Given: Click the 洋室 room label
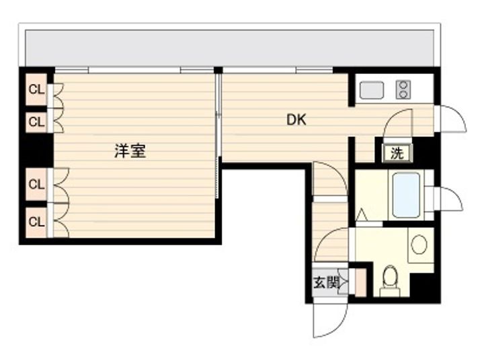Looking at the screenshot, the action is pos(130,151).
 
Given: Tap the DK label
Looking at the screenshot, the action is pos(296,120).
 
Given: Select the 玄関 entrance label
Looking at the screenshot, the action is pos(326,283).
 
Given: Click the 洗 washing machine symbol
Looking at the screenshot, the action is pos(397,153).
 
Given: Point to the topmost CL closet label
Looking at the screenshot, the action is pos(36,90).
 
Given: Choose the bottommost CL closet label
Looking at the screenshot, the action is pos(36,222).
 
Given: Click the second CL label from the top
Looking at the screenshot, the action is pos(36,122).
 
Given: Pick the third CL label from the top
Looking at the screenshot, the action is pos(36,185).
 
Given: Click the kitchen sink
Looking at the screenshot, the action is pos(372,90).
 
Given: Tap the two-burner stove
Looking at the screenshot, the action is pos(403,89).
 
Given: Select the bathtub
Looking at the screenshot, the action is pos(406,195).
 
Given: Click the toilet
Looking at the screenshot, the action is pos(390,281).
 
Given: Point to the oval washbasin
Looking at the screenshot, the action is pos(419,244).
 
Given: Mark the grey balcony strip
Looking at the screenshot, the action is pos(229,48).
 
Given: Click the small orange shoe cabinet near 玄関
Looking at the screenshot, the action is pos(360,283).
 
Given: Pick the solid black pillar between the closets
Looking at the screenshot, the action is pos(36,150).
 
